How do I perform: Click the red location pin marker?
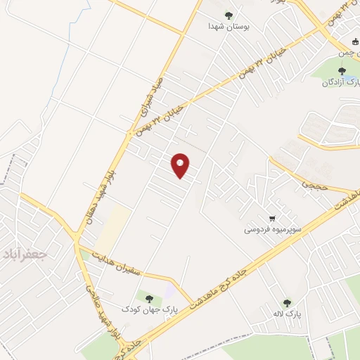pos(181,165)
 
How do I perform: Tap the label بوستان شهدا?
pos(228,26)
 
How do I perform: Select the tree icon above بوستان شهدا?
pos(228,14)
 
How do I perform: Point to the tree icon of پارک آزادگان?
pos(342,70)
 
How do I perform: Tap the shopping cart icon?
pos(271,217)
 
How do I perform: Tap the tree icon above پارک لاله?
pos(286,302)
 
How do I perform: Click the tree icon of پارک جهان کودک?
pos(149,297)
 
